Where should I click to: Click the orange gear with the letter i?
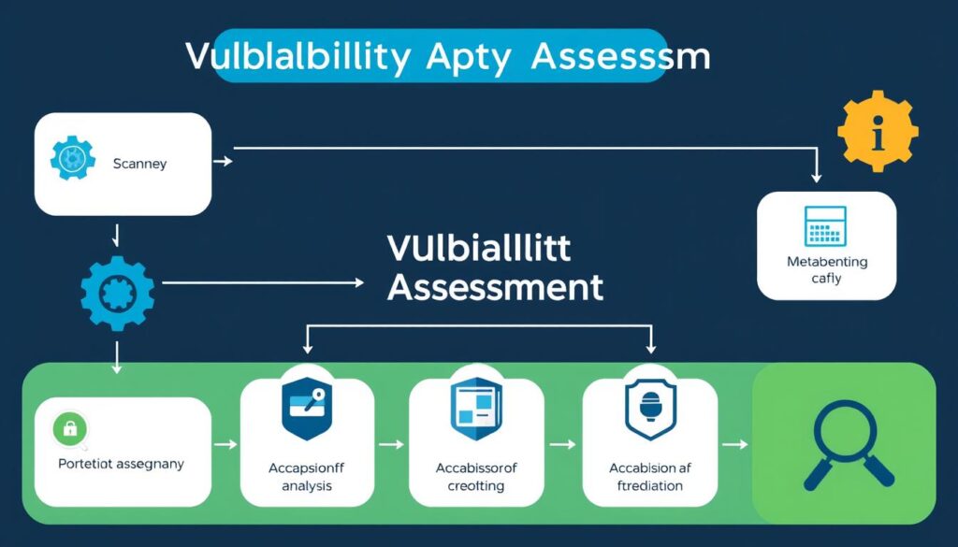pyautogui.click(x=878, y=132)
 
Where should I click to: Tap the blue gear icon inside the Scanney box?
pyautogui.click(x=70, y=160)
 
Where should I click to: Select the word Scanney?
pyautogui.click(x=139, y=165)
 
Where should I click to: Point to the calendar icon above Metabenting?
pyautogui.click(x=824, y=226)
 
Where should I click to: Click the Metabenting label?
pyautogui.click(x=826, y=262)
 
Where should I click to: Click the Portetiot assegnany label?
pyautogui.click(x=122, y=463)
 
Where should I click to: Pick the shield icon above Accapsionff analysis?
pyautogui.click(x=308, y=410)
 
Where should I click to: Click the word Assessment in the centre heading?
pyautogui.click(x=495, y=287)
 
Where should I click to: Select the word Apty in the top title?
pyautogui.click(x=469, y=57)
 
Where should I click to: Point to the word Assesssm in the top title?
pyautogui.click(x=620, y=57)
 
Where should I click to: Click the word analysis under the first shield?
pyautogui.click(x=307, y=486)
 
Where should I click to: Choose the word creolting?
pyautogui.click(x=476, y=486)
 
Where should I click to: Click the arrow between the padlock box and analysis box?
pyautogui.click(x=225, y=445)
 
